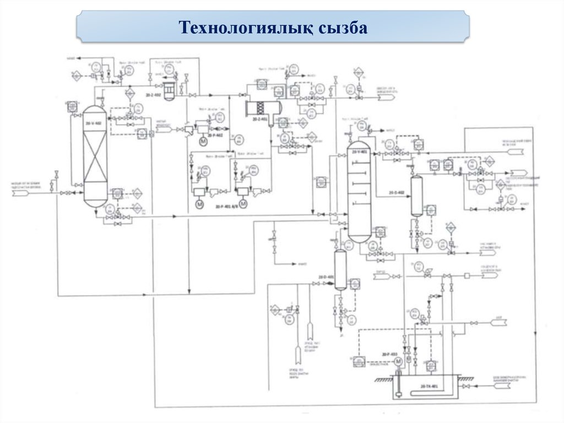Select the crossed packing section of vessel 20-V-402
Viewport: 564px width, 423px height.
(x=95, y=160)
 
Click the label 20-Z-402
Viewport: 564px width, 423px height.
(x=154, y=95)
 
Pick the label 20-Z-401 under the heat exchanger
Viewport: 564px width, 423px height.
(x=259, y=119)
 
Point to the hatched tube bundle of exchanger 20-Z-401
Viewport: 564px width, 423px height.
(x=261, y=106)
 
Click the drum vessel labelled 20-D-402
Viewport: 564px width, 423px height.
(x=416, y=196)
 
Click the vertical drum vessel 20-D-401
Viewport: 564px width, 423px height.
(x=340, y=269)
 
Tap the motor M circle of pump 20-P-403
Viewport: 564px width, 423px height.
(x=398, y=361)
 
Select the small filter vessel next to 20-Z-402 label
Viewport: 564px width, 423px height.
(x=169, y=90)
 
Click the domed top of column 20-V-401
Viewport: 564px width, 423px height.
(x=360, y=146)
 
